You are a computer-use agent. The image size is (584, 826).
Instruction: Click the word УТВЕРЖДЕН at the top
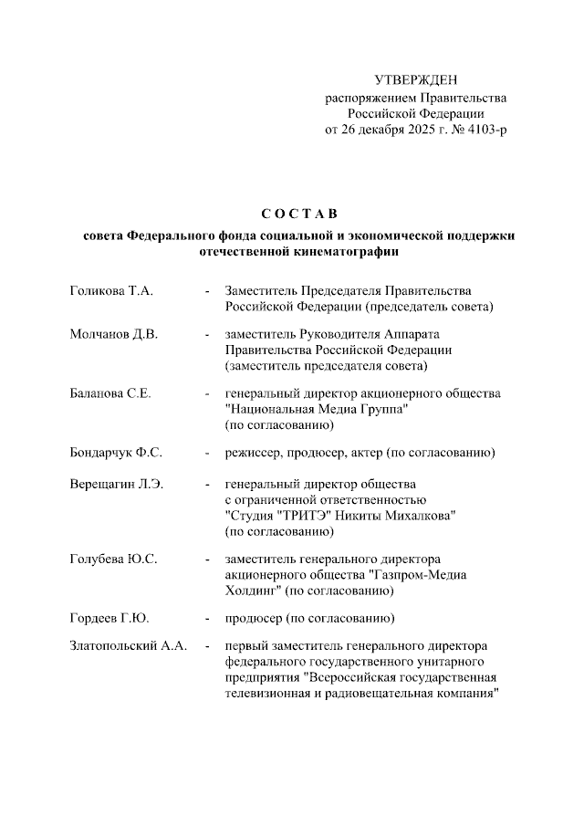click(416, 81)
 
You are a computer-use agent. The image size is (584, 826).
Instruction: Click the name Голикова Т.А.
click(111, 291)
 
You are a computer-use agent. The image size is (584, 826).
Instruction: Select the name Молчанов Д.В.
click(114, 334)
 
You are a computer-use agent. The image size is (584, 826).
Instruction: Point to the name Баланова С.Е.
click(110, 393)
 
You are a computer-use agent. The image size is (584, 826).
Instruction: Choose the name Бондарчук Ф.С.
click(116, 453)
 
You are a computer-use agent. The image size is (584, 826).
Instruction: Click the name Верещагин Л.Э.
click(116, 483)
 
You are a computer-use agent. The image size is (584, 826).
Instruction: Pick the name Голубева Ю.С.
click(113, 559)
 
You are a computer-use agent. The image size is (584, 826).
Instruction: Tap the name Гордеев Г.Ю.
click(109, 619)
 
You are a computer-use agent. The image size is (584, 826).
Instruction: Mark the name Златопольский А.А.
click(129, 646)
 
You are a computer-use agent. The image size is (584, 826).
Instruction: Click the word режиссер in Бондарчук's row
click(254, 453)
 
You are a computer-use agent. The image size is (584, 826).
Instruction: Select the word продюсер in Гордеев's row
click(255, 619)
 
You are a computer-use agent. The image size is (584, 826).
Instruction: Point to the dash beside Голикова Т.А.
click(208, 291)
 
